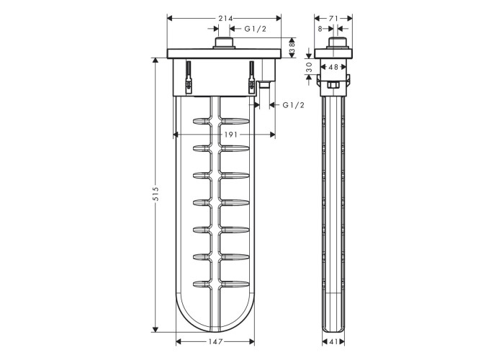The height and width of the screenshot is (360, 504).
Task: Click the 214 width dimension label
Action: click(225, 19)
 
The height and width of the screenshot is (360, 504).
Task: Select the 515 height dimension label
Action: click(156, 194)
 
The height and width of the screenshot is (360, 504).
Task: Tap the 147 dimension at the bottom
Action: click(215, 342)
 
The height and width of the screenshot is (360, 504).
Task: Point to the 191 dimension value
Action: click(230, 135)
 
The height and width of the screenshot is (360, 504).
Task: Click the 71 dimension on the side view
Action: click(333, 19)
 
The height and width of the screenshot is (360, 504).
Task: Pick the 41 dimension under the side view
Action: click(333, 342)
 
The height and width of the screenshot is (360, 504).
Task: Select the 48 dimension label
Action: click(333, 67)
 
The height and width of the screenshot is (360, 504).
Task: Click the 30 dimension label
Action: click(309, 67)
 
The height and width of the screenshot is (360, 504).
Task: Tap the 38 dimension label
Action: click(292, 48)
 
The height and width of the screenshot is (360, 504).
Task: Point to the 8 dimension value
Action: click(320, 29)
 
